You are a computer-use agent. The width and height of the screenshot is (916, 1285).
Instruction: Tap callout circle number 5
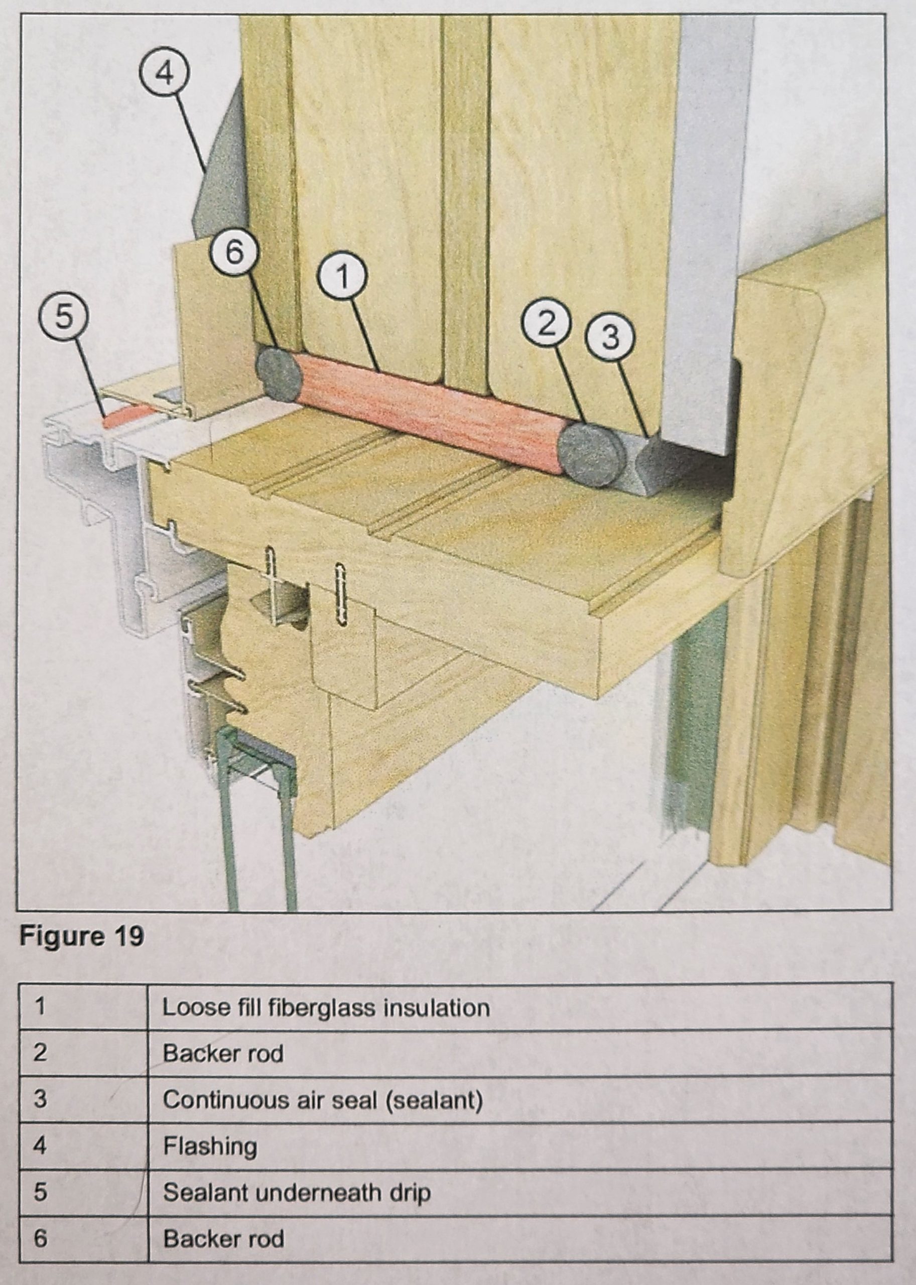point(63,318)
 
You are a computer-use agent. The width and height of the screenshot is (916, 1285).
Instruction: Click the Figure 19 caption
point(82,936)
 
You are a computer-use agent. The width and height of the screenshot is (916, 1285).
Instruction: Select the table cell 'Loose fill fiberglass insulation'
point(326,1007)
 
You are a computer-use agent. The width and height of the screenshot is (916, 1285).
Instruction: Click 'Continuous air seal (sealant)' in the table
point(323,1100)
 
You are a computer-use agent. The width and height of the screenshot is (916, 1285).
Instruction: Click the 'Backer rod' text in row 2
point(223,1054)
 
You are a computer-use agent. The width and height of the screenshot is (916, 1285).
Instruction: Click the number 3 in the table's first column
point(40,1100)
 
